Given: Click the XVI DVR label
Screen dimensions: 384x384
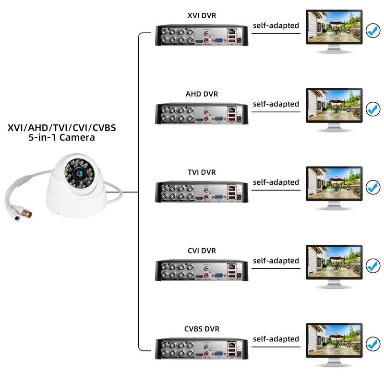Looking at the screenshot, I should (x=202, y=16).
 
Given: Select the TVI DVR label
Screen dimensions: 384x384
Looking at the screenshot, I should (x=202, y=172).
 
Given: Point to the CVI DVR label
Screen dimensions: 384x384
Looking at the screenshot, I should (x=202, y=251).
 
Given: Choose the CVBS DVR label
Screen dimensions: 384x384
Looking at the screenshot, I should (x=202, y=329).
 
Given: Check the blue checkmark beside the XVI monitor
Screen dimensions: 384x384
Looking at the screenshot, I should (x=372, y=31).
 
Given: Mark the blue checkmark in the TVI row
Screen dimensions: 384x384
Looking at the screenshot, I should (x=372, y=187).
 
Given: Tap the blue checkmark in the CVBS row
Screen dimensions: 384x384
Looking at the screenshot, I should (x=372, y=344).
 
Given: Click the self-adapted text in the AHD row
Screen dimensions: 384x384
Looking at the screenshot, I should (x=276, y=104).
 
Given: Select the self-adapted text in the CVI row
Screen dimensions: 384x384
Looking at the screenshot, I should (x=276, y=261).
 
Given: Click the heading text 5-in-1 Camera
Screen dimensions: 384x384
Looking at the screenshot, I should (x=61, y=138).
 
